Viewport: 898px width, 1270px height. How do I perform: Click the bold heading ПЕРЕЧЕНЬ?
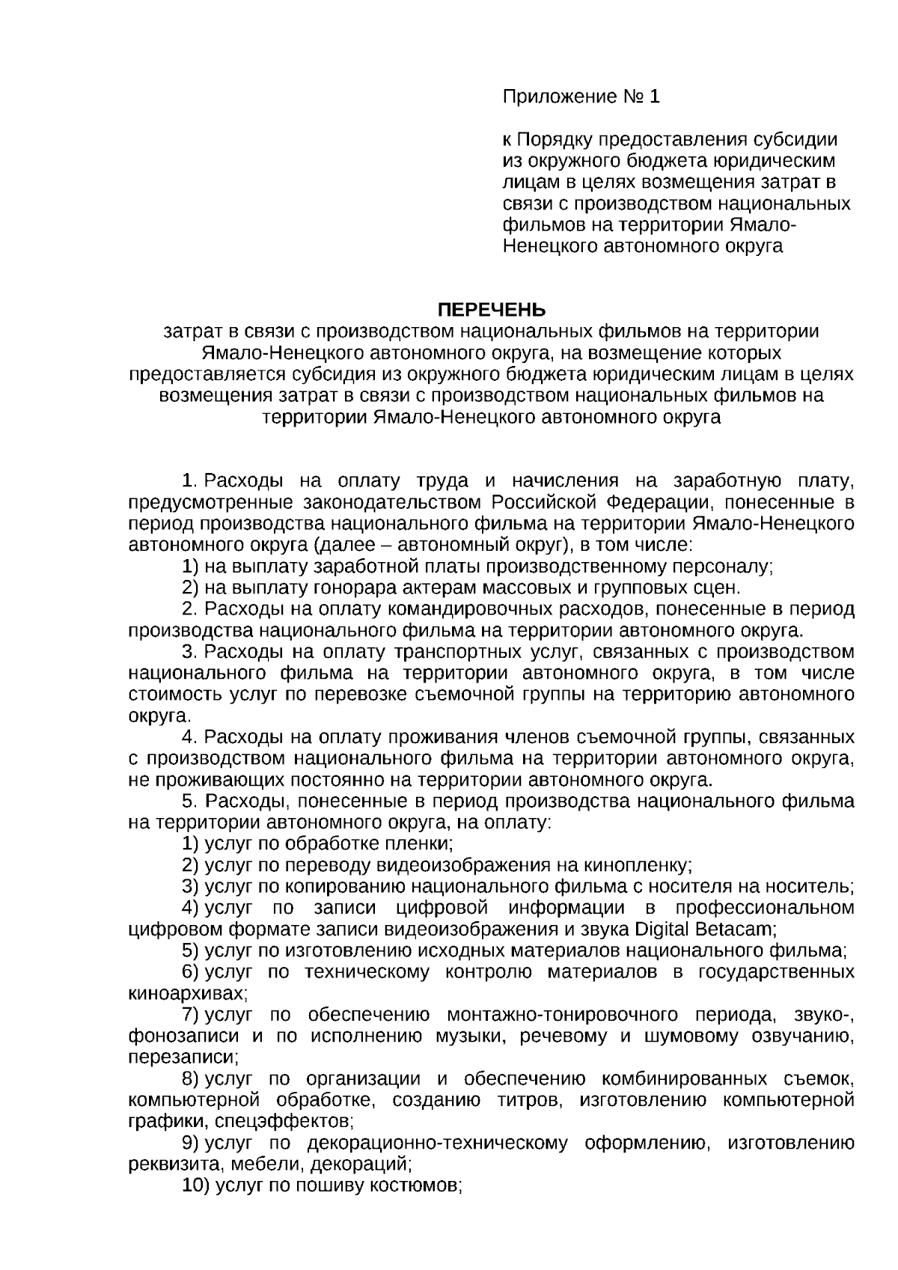pos(492,310)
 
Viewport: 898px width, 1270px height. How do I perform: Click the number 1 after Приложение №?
pos(656,97)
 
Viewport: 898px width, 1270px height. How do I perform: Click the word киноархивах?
pos(187,994)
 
